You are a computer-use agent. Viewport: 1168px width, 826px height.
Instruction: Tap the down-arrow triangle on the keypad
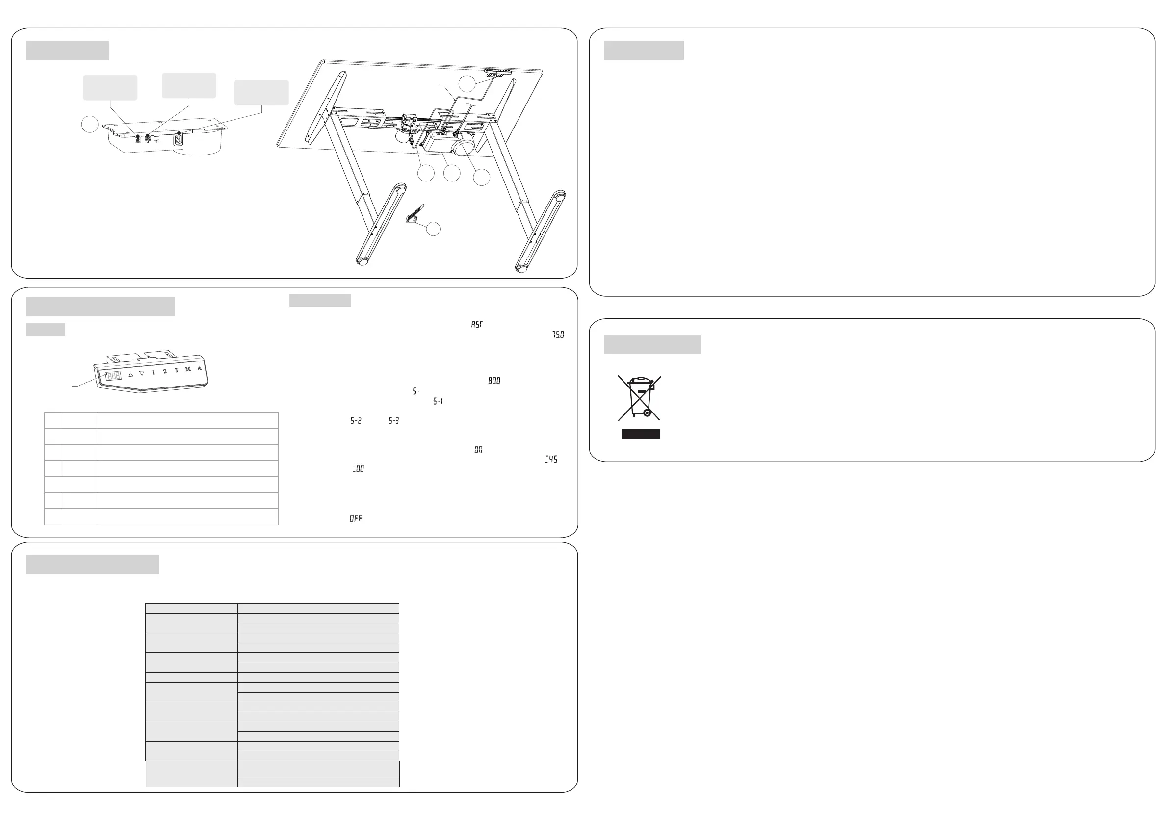(x=142, y=373)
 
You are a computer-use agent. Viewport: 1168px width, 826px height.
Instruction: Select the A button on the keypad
(x=200, y=368)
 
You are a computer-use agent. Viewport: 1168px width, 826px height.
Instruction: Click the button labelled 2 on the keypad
(x=165, y=371)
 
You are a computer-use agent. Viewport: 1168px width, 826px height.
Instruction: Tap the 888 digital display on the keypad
(x=113, y=376)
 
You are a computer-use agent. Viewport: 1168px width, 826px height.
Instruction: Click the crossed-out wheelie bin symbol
(x=640, y=397)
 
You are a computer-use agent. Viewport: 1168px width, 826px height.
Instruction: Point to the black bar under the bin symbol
(x=641, y=434)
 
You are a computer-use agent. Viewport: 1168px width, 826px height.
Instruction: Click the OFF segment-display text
(x=356, y=518)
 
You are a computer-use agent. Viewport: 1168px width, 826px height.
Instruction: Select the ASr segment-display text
(x=477, y=324)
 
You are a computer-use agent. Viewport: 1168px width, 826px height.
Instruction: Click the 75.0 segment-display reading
(x=558, y=335)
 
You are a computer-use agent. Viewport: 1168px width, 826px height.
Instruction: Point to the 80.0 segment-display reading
(x=494, y=381)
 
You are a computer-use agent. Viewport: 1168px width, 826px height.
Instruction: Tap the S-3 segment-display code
(x=394, y=421)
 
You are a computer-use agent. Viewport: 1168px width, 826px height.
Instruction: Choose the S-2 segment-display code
(x=356, y=421)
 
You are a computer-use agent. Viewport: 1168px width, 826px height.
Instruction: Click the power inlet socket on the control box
(x=179, y=138)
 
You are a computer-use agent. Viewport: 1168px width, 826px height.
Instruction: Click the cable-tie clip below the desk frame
(x=414, y=215)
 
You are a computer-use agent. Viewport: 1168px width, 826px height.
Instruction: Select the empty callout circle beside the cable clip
(x=433, y=229)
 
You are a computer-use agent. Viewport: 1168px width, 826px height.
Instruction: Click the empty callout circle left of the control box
(x=90, y=124)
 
